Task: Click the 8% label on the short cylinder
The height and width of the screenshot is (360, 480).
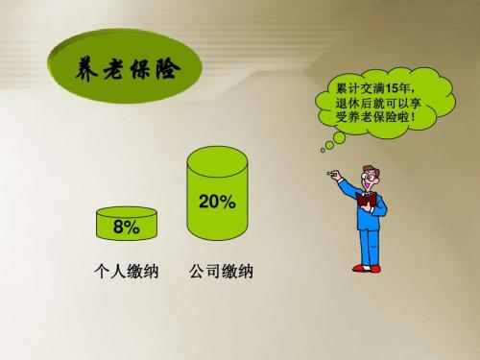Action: coord(126,228)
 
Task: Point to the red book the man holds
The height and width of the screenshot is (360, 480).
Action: coord(366,199)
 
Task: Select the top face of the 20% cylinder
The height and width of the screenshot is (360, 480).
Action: coord(218,156)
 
